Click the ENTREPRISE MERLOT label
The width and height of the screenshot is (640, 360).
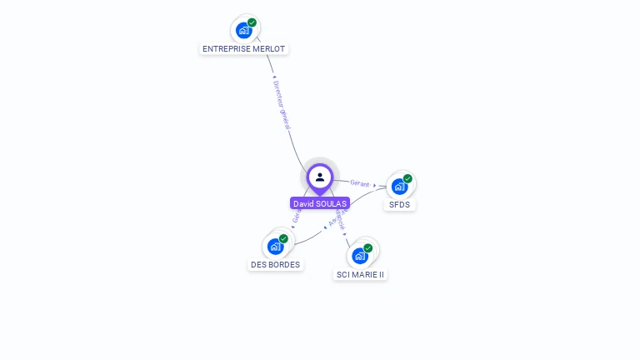[x=244, y=49]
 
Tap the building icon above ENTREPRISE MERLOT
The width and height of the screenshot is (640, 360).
[x=243, y=31]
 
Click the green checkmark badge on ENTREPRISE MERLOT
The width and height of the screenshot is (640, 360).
[x=252, y=22]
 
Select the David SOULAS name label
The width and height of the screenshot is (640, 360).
[x=320, y=203]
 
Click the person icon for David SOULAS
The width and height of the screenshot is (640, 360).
[x=320, y=177]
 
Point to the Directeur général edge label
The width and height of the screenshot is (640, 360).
[x=282, y=104]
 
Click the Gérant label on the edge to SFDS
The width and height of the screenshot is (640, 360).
[x=360, y=182]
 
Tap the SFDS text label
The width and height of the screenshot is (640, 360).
[x=399, y=205]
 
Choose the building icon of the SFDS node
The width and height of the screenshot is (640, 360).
[x=399, y=187]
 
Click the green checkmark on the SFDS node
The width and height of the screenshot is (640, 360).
[x=407, y=178]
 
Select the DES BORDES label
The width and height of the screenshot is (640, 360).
[x=275, y=265]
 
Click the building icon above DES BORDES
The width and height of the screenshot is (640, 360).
[x=275, y=247]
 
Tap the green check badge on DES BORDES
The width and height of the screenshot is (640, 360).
[x=283, y=238]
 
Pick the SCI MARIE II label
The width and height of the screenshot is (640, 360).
[x=361, y=274]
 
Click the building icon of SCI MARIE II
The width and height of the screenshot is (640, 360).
[x=359, y=256]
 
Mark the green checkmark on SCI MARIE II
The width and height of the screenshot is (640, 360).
[x=367, y=247]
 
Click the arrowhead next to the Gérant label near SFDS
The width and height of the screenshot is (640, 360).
[x=375, y=185]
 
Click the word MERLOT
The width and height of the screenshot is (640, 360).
[x=269, y=49]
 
